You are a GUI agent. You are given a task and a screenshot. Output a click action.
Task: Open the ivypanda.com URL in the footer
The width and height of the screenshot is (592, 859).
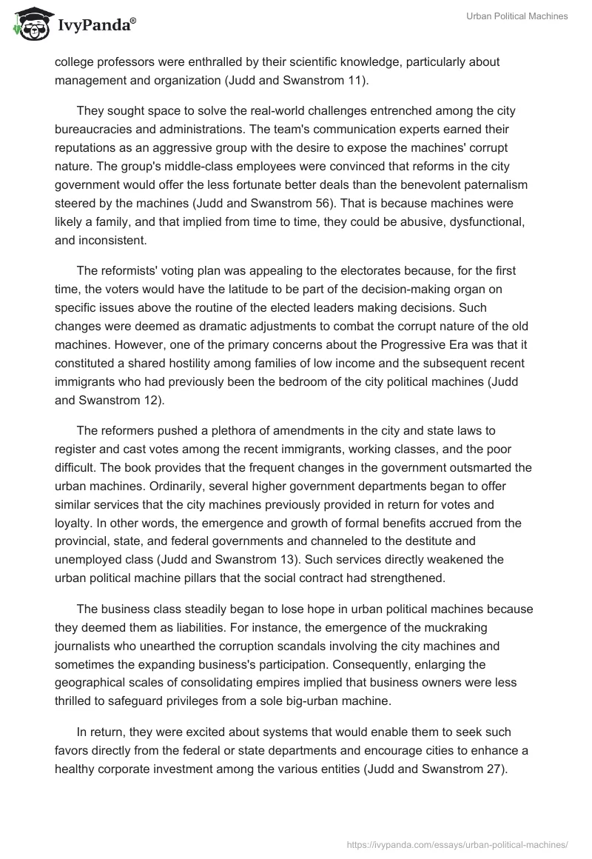click(457, 843)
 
